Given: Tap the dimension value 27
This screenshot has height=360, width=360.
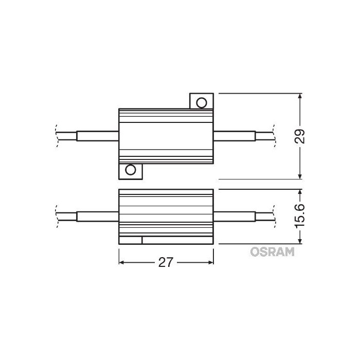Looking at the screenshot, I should tap(165, 262).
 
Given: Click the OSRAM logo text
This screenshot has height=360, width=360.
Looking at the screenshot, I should tap(272, 251).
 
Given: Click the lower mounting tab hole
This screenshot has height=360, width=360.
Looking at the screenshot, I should tap(131, 170).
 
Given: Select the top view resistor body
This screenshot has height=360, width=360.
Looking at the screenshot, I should tap(166, 136).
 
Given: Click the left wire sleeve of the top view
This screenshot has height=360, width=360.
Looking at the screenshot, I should tap(97, 136).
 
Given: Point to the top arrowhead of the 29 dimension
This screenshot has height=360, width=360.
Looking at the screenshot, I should tap(301, 96).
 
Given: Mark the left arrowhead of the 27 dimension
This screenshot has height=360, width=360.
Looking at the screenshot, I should tap(122, 262).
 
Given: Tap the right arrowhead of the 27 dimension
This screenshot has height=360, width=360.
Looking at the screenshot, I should tap(210, 262).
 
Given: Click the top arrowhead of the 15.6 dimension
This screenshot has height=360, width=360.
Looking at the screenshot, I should tap(301, 192).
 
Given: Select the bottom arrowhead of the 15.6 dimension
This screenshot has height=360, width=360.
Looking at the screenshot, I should tap(301, 241).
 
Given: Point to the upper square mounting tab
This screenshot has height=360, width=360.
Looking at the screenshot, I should tap(202, 101).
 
